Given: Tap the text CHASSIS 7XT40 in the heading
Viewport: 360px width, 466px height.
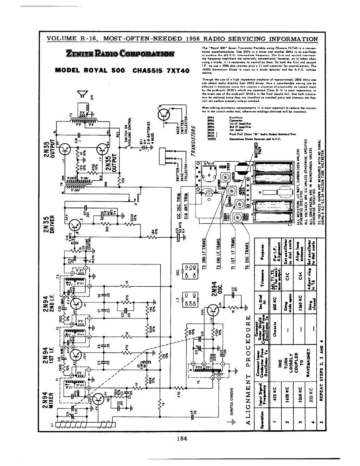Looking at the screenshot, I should pyautogui.click(x=161, y=70).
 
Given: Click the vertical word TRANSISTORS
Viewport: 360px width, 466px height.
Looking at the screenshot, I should pyautogui.click(x=193, y=141).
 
